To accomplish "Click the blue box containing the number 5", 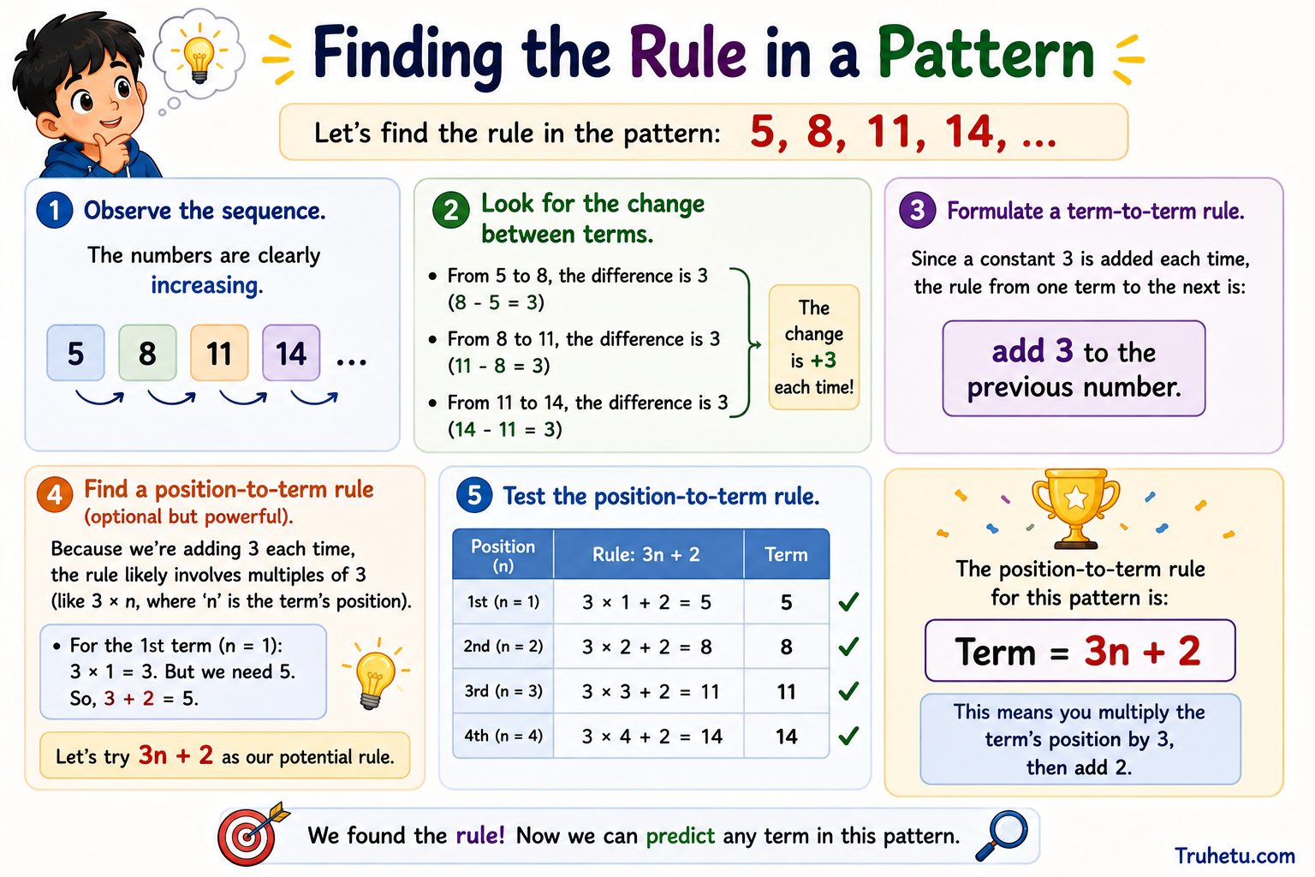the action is tap(75, 353).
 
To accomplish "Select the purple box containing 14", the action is tap(291, 353).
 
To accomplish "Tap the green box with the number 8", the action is tap(147, 353).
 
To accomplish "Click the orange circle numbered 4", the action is tap(55, 494).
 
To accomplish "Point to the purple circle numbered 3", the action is tap(918, 210).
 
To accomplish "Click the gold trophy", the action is tap(1075, 508).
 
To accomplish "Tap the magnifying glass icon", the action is tap(1003, 835).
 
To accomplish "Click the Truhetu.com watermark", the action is tap(1235, 856).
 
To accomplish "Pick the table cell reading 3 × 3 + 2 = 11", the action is tap(649, 691).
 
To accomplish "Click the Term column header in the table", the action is tap(786, 554).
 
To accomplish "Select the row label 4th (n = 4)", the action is tap(503, 736).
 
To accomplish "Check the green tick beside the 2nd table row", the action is tap(849, 646).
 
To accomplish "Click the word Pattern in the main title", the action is tap(986, 53).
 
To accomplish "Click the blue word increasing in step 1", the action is tap(206, 285).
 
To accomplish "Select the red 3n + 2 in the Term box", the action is tap(1142, 651).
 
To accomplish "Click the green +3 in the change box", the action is tap(823, 360).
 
